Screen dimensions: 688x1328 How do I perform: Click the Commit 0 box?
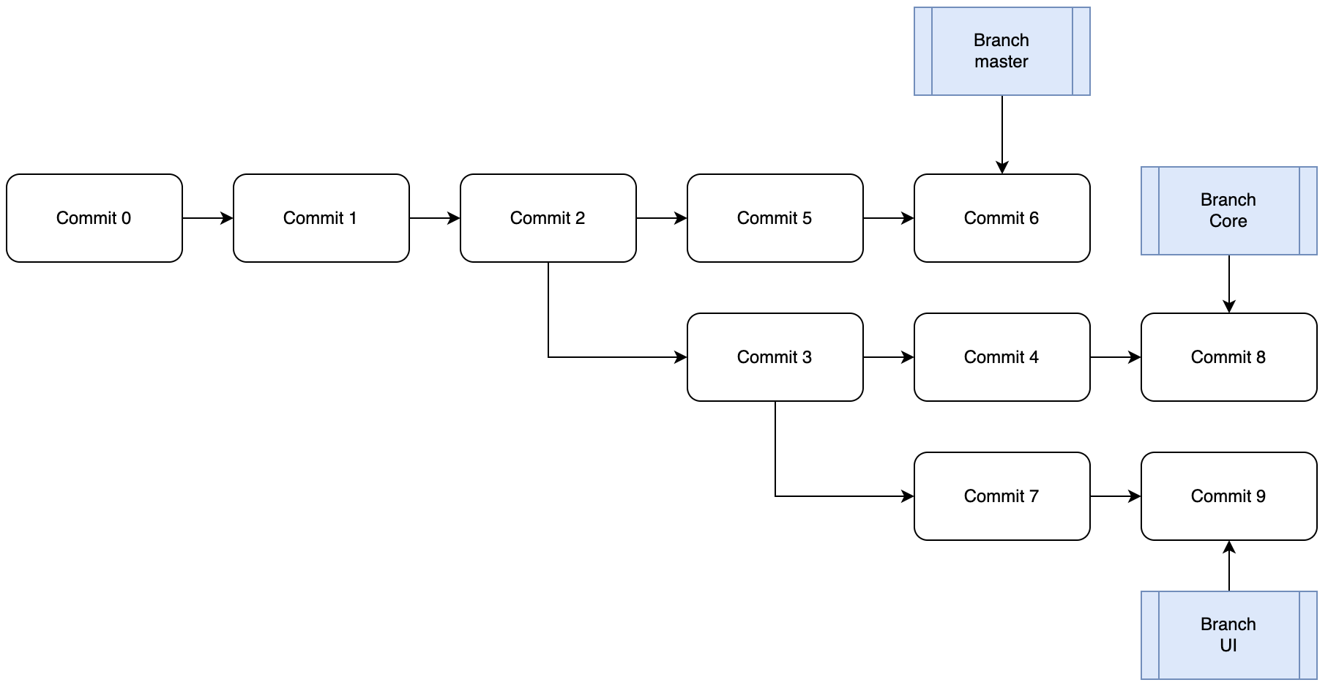coord(94,218)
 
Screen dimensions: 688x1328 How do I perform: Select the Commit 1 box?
coord(321,218)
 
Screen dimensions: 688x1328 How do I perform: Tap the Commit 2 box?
coord(548,218)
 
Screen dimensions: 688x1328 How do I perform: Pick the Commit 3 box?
coord(775,357)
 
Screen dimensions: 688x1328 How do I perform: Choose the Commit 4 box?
coord(1001,357)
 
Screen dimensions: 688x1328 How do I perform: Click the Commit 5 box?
coord(775,218)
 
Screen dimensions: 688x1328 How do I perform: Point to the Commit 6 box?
coord(1001,218)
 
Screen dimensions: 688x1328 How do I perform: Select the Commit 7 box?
coord(1001,496)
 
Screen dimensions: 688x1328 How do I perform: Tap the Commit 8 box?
coord(1228,357)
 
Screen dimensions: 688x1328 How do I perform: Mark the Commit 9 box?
coord(1228,496)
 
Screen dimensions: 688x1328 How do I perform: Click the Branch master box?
coord(1001,51)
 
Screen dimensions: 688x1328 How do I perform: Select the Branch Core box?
coord(1228,211)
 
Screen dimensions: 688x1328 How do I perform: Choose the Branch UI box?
coord(1228,635)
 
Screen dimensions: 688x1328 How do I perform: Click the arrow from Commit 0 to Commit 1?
coord(207,218)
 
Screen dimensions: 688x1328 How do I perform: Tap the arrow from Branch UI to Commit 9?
coord(1229,567)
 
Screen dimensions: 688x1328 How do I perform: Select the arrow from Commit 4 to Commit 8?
coord(1115,357)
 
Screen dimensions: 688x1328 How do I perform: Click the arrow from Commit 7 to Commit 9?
coord(1115,496)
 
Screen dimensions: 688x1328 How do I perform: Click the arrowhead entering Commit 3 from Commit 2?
coord(681,357)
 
